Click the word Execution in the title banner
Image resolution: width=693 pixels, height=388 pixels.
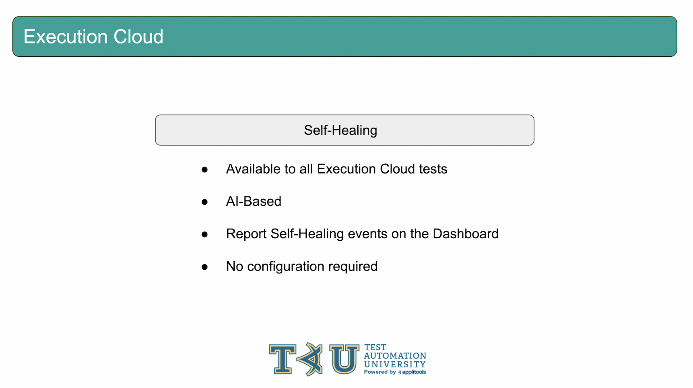pyautogui.click(x=66, y=37)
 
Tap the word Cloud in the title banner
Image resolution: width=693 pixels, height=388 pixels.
pyautogui.click(x=138, y=37)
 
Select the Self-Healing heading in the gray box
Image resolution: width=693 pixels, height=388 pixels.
pyautogui.click(x=340, y=130)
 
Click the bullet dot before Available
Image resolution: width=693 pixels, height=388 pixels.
pyautogui.click(x=205, y=170)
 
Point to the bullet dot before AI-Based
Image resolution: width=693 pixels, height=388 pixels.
pyautogui.click(x=205, y=202)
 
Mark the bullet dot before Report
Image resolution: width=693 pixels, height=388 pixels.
pyautogui.click(x=205, y=235)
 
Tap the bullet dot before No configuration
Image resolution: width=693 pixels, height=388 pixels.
pyautogui.click(x=205, y=267)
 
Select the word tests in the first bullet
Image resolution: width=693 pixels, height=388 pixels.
pyautogui.click(x=433, y=169)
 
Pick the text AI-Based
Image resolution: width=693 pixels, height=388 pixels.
pyautogui.click(x=254, y=201)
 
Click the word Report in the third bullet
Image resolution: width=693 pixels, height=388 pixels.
pyautogui.click(x=246, y=234)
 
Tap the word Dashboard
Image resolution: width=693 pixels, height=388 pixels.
pyautogui.click(x=466, y=234)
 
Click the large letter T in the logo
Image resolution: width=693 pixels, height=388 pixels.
pyautogui.click(x=283, y=359)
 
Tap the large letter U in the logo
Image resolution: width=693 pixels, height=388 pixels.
pyautogui.click(x=344, y=359)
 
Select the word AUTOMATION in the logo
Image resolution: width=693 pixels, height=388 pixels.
pyautogui.click(x=395, y=356)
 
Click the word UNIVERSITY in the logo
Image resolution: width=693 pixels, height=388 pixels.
pyautogui.click(x=395, y=364)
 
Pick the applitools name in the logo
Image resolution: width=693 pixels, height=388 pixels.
pyautogui.click(x=414, y=372)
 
